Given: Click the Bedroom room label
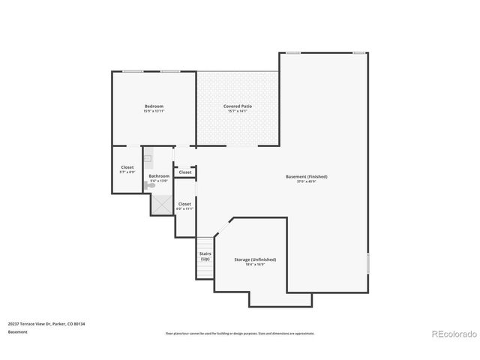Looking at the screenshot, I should pyautogui.click(x=154, y=106).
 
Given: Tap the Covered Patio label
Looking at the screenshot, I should pyautogui.click(x=237, y=106).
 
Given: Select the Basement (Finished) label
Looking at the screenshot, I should pyautogui.click(x=306, y=177).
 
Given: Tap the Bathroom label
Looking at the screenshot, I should pyautogui.click(x=159, y=176).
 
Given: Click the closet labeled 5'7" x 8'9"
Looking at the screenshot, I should pyautogui.click(x=127, y=169).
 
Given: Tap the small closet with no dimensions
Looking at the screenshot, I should pyautogui.click(x=185, y=172).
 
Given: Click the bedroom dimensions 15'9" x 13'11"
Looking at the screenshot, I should pyautogui.click(x=154, y=111).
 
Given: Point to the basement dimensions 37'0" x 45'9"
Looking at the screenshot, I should pyautogui.click(x=306, y=181).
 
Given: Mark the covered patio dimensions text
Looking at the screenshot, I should pyautogui.click(x=237, y=111).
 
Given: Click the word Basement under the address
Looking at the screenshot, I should pyautogui.click(x=19, y=331).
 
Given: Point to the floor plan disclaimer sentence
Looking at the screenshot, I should pyautogui.click(x=239, y=334).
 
